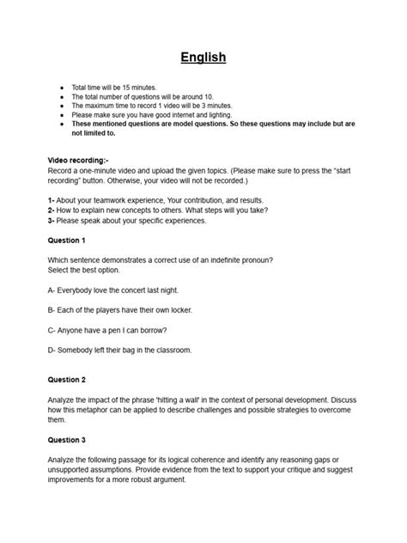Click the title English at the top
pos(203,58)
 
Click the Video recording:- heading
pos(78,161)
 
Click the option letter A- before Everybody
pos(52,290)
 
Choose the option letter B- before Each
pos(52,310)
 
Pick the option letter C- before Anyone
pos(52,330)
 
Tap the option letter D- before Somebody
pos(52,350)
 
